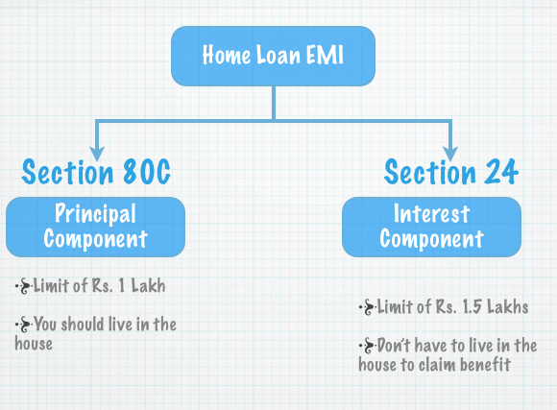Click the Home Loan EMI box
coord(273,56)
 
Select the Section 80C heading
coord(96,172)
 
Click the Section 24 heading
coord(451,172)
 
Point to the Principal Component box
coord(96,227)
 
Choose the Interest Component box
coord(431,227)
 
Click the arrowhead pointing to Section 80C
coord(97,154)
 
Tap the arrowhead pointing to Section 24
coord(450,154)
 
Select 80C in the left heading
coord(147,172)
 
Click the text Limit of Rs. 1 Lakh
coord(100,285)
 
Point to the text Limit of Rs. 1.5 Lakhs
coord(452,306)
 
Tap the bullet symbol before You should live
coord(23,325)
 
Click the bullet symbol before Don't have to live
coord(367,346)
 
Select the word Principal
coord(95,213)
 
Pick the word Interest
coord(431,213)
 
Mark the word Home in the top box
coord(227,55)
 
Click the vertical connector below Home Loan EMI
coord(274,103)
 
